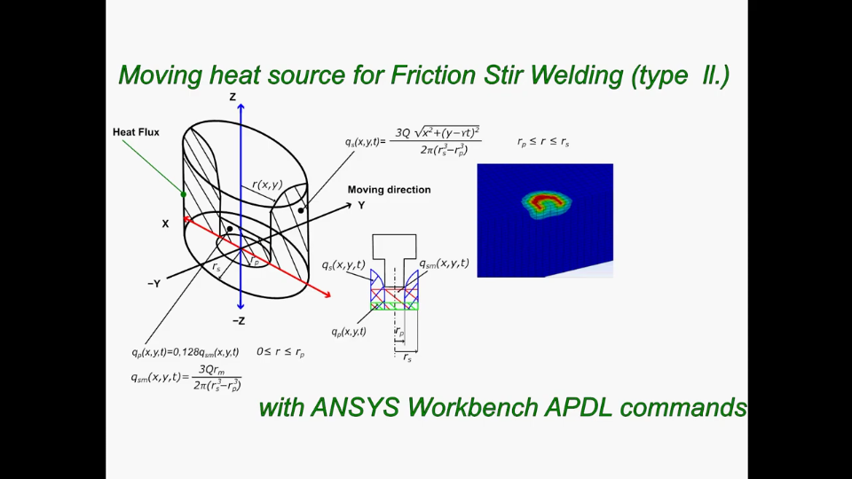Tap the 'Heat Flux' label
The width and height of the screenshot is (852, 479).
136,132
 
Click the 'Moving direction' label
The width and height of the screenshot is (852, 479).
389,190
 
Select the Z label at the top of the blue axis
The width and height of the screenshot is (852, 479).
233,97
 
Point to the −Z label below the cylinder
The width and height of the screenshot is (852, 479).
239,320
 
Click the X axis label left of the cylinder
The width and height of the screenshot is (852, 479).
165,224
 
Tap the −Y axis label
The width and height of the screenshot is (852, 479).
154,284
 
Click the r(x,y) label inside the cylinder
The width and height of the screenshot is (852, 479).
267,185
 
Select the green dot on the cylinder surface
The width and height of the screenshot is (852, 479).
184,194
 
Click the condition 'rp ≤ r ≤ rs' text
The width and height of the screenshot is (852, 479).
543,141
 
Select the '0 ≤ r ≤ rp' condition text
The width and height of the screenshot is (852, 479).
280,352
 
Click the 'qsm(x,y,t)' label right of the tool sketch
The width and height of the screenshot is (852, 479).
444,263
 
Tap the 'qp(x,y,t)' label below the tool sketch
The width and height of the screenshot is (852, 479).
349,332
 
